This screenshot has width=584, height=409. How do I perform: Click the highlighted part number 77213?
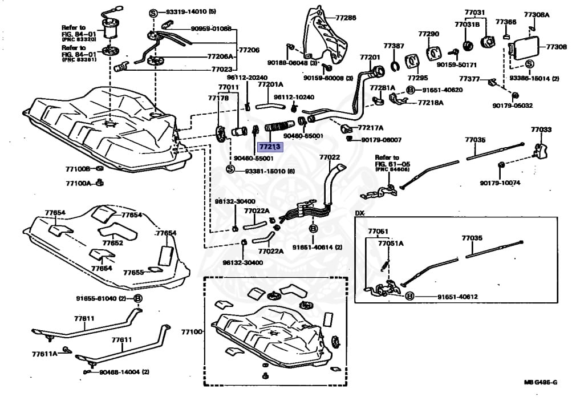click(271, 147)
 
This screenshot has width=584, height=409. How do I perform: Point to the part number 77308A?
click(537, 14)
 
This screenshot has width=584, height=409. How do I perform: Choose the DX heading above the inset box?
click(359, 213)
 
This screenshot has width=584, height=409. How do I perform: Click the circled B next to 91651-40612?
click(409, 297)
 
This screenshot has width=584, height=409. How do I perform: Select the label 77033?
click(541, 130)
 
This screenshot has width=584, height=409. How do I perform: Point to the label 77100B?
click(78, 169)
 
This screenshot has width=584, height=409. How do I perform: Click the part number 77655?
click(135, 273)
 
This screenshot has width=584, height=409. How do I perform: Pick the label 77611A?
click(44, 354)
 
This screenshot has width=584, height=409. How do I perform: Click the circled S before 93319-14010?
click(153, 12)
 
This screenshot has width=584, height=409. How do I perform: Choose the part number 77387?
click(394, 46)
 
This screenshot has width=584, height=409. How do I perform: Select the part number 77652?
click(112, 242)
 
